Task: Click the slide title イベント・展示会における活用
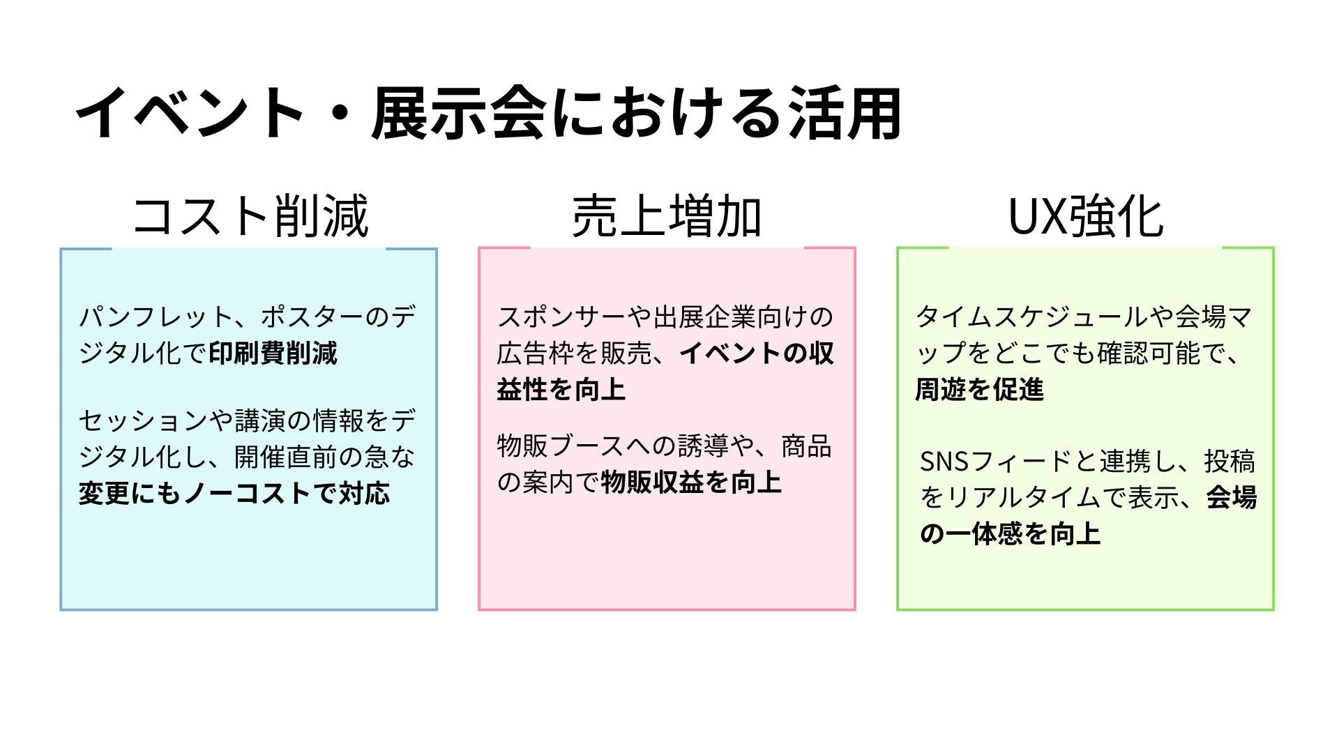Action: pos(488,114)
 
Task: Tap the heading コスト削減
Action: pos(250,216)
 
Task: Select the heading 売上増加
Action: pos(667,216)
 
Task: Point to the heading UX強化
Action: pos(1085,216)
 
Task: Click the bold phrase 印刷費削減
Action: pos(273,353)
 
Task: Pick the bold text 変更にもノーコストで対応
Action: pos(234,494)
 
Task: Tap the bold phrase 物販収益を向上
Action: pos(691,482)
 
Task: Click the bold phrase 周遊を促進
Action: pos(979,390)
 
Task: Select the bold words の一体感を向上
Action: pos(1010,534)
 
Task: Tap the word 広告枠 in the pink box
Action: pos(536,353)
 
